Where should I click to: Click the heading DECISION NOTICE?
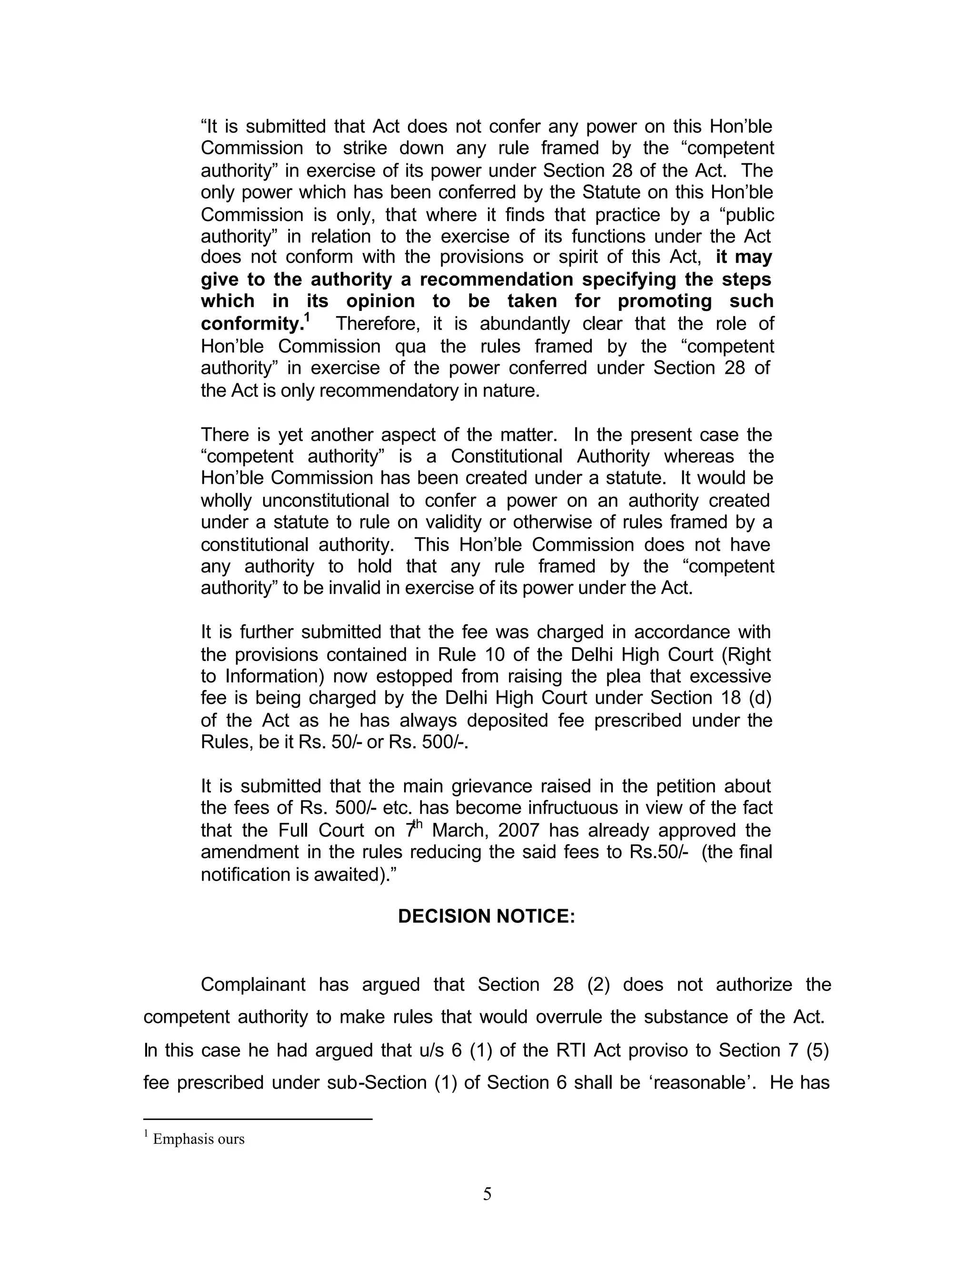(x=487, y=916)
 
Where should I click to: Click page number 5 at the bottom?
(x=487, y=1194)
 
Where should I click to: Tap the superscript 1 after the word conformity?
(x=307, y=318)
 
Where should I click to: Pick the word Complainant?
(x=253, y=985)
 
